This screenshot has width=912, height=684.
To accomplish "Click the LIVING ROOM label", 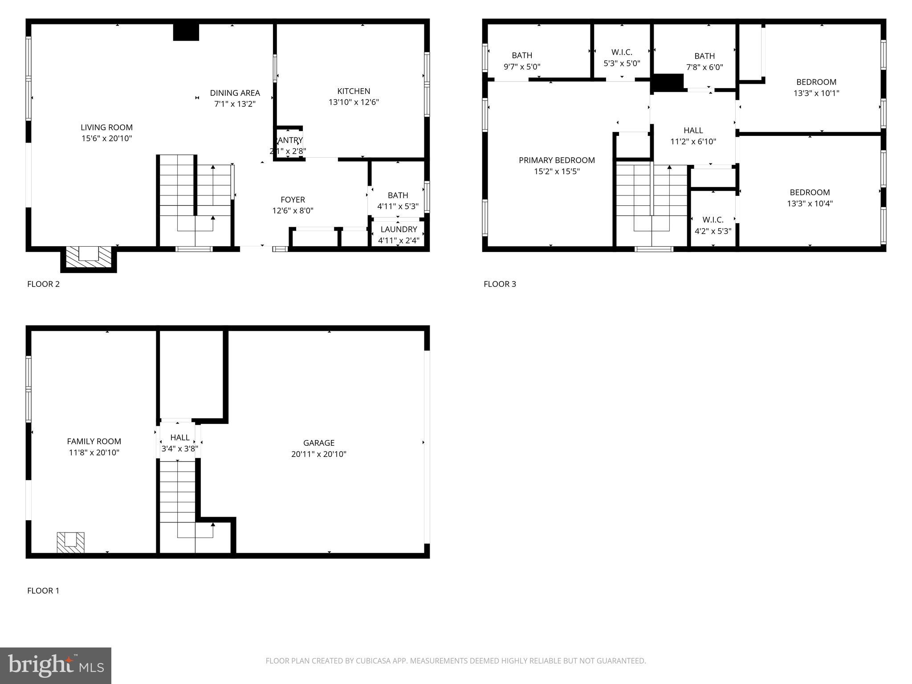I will click(x=106, y=127).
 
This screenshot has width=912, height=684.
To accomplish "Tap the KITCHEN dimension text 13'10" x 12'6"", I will click(x=354, y=102).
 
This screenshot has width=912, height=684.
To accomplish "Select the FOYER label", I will click(x=293, y=199).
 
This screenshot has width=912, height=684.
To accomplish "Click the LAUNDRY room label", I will click(x=399, y=229).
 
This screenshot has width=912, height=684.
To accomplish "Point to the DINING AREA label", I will click(x=235, y=93).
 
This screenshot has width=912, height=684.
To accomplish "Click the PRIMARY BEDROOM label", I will click(x=557, y=160).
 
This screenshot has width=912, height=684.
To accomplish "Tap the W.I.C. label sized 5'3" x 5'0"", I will click(x=622, y=52).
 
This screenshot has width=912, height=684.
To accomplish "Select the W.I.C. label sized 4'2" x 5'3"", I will click(x=713, y=220).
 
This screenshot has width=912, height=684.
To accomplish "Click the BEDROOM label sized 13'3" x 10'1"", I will click(x=816, y=82).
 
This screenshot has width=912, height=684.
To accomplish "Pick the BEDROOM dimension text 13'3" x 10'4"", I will click(x=810, y=204).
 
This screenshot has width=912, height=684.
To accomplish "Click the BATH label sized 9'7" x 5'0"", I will click(x=522, y=56).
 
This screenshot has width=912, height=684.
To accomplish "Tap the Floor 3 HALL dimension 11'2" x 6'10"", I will click(x=693, y=142).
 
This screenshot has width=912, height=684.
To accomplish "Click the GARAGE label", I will click(x=318, y=443).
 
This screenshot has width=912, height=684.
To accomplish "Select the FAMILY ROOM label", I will click(x=94, y=441).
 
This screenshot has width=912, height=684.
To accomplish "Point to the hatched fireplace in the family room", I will click(x=70, y=542).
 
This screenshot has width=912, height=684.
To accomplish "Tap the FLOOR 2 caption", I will click(x=43, y=284).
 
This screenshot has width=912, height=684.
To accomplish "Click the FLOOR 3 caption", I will click(x=500, y=284).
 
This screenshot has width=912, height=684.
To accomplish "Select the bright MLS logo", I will click(x=56, y=665).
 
